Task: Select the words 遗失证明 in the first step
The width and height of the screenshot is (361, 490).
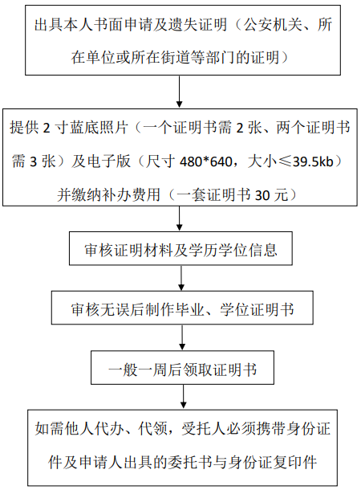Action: pos(197,24)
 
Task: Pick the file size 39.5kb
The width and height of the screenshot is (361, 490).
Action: pos(313,161)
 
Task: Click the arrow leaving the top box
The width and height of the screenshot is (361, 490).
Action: pos(179,92)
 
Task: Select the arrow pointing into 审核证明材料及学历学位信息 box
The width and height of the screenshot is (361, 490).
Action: pos(180,218)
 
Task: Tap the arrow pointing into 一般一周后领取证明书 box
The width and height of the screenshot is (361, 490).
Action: pos(182,337)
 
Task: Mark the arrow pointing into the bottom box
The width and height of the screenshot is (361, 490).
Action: pos(184,397)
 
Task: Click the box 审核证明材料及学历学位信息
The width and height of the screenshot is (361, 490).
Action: pos(180,248)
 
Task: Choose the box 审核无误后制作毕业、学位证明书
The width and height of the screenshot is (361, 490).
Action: pos(182,308)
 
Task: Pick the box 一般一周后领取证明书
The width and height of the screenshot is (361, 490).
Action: pos(183,368)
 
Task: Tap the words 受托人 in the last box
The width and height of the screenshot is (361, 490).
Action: pos(205,428)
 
